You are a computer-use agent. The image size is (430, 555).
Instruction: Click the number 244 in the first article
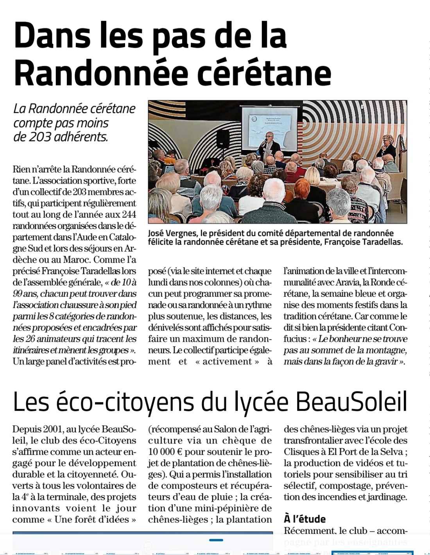[129, 214]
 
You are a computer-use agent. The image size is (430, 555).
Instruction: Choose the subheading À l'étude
[305, 519]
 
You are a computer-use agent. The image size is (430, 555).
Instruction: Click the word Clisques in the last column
[304, 452]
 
